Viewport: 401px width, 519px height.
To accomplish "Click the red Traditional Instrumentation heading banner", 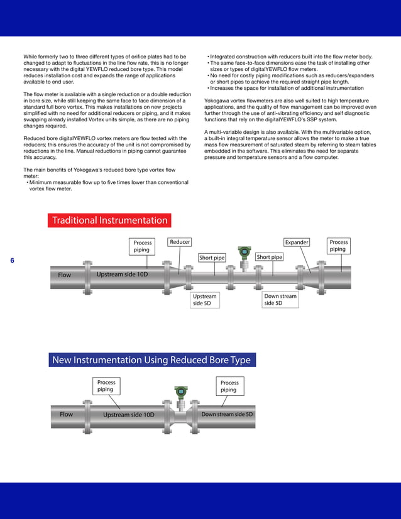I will (x=109, y=221).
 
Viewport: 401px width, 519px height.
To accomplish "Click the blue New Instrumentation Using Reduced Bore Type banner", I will (x=151, y=360).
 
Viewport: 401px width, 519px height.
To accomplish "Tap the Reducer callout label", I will (x=180, y=242).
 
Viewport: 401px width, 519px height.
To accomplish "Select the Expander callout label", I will (x=297, y=242).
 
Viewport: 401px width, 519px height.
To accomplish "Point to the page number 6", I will (x=12, y=261).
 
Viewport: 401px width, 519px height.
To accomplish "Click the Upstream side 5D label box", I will (x=205, y=300).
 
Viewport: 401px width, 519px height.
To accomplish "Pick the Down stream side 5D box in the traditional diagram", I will (x=280, y=300).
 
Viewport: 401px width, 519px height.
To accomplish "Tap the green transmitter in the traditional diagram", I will (x=243, y=253).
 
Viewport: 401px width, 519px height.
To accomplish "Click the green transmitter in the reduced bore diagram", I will (x=181, y=392).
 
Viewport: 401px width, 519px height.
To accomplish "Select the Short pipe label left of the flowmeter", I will (x=212, y=258).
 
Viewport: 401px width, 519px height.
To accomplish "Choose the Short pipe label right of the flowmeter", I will (x=269, y=257).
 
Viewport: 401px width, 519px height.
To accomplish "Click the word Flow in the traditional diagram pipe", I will (x=64, y=275).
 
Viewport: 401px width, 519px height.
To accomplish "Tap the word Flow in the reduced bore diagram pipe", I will (x=66, y=415).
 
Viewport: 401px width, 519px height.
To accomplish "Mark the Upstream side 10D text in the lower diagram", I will (x=128, y=415).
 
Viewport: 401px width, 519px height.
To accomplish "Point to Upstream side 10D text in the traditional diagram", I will (x=122, y=275).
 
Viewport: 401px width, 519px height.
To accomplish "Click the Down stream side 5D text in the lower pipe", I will (x=227, y=415).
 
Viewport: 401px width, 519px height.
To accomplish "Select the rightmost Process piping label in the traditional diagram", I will (x=339, y=246).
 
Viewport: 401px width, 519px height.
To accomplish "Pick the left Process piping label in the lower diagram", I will (x=106, y=386).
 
